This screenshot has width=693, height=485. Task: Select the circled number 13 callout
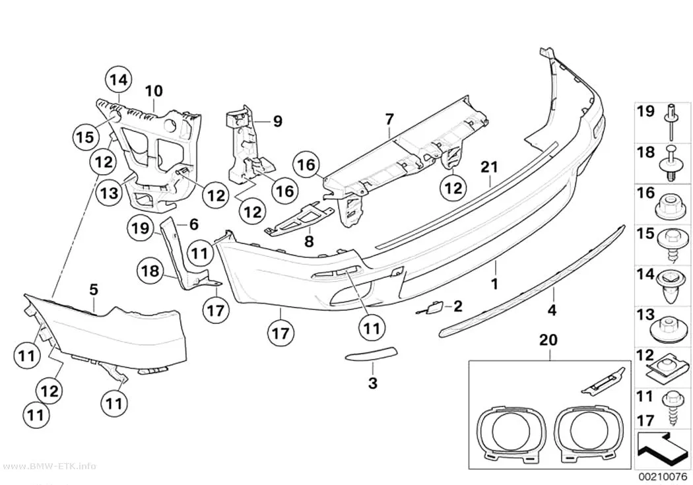coord(109,193)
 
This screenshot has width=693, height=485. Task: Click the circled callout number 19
coord(141,228)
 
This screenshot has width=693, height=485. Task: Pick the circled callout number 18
coord(150,271)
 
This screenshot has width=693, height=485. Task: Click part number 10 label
coord(154,92)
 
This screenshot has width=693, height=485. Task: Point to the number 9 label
coord(277,121)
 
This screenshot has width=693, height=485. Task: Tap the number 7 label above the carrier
coord(389,119)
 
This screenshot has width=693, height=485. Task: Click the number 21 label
coord(489,167)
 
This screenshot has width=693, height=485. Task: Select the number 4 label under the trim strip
coord(552,310)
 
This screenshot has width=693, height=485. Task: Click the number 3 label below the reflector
coord(373,383)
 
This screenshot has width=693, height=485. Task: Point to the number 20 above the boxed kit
coord(548,340)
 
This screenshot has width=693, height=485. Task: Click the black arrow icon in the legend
coord(662,450)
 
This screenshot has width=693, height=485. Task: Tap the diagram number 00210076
coord(663,477)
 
